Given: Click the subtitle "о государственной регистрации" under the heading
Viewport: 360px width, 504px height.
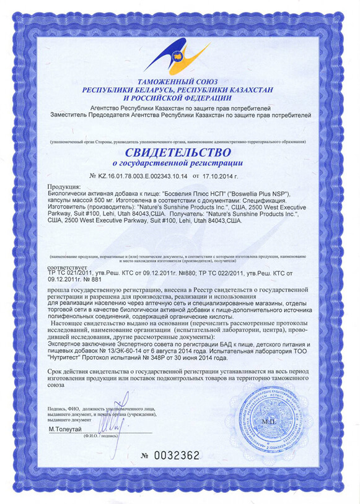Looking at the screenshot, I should click(178, 163).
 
